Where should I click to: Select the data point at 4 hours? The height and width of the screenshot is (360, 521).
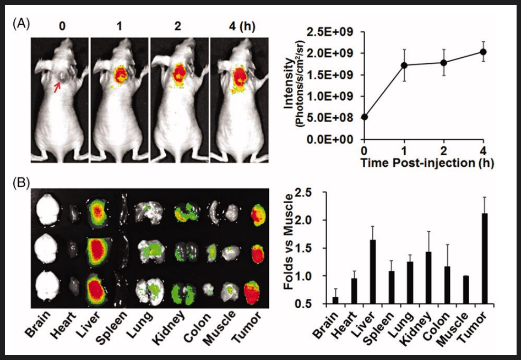pyautogui.click(x=483, y=52)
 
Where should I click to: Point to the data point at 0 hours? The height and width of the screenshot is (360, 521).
pyautogui.click(x=364, y=117)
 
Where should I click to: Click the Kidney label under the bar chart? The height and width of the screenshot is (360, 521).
pyautogui.click(x=412, y=325)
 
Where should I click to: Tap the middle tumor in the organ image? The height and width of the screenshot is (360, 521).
pyautogui.click(x=258, y=254)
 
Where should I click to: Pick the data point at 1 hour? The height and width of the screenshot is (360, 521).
pyautogui.click(x=404, y=65)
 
